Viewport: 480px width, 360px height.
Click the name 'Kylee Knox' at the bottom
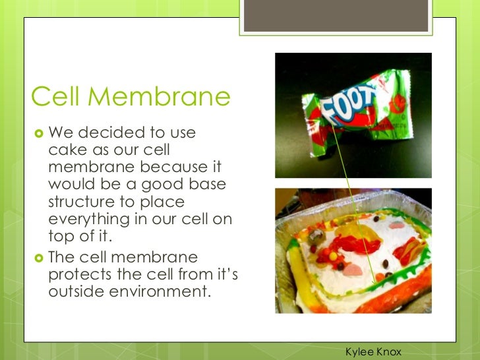pos(373,353)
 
